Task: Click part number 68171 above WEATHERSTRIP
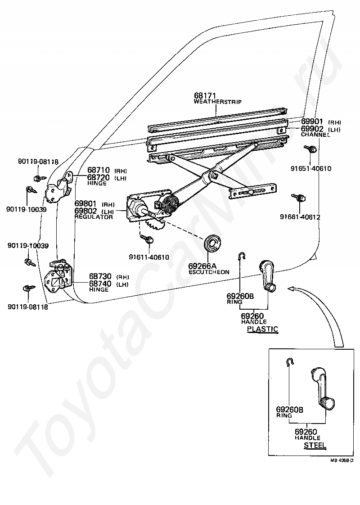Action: pos(205,96)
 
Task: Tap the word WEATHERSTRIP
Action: pos(218,102)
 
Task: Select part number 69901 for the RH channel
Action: pos(312,122)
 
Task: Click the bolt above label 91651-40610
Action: pos(310,149)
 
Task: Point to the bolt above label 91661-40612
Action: pos(298,198)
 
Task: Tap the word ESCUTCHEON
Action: pos(209,272)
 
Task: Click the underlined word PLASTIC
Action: pos(262,329)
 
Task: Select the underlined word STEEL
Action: pos(315,445)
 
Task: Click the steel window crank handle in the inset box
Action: pos(322,388)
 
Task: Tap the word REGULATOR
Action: pos(94,217)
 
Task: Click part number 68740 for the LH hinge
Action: pos(100,284)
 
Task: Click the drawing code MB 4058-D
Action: pos(342,461)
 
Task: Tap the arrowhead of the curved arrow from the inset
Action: pos(292,289)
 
